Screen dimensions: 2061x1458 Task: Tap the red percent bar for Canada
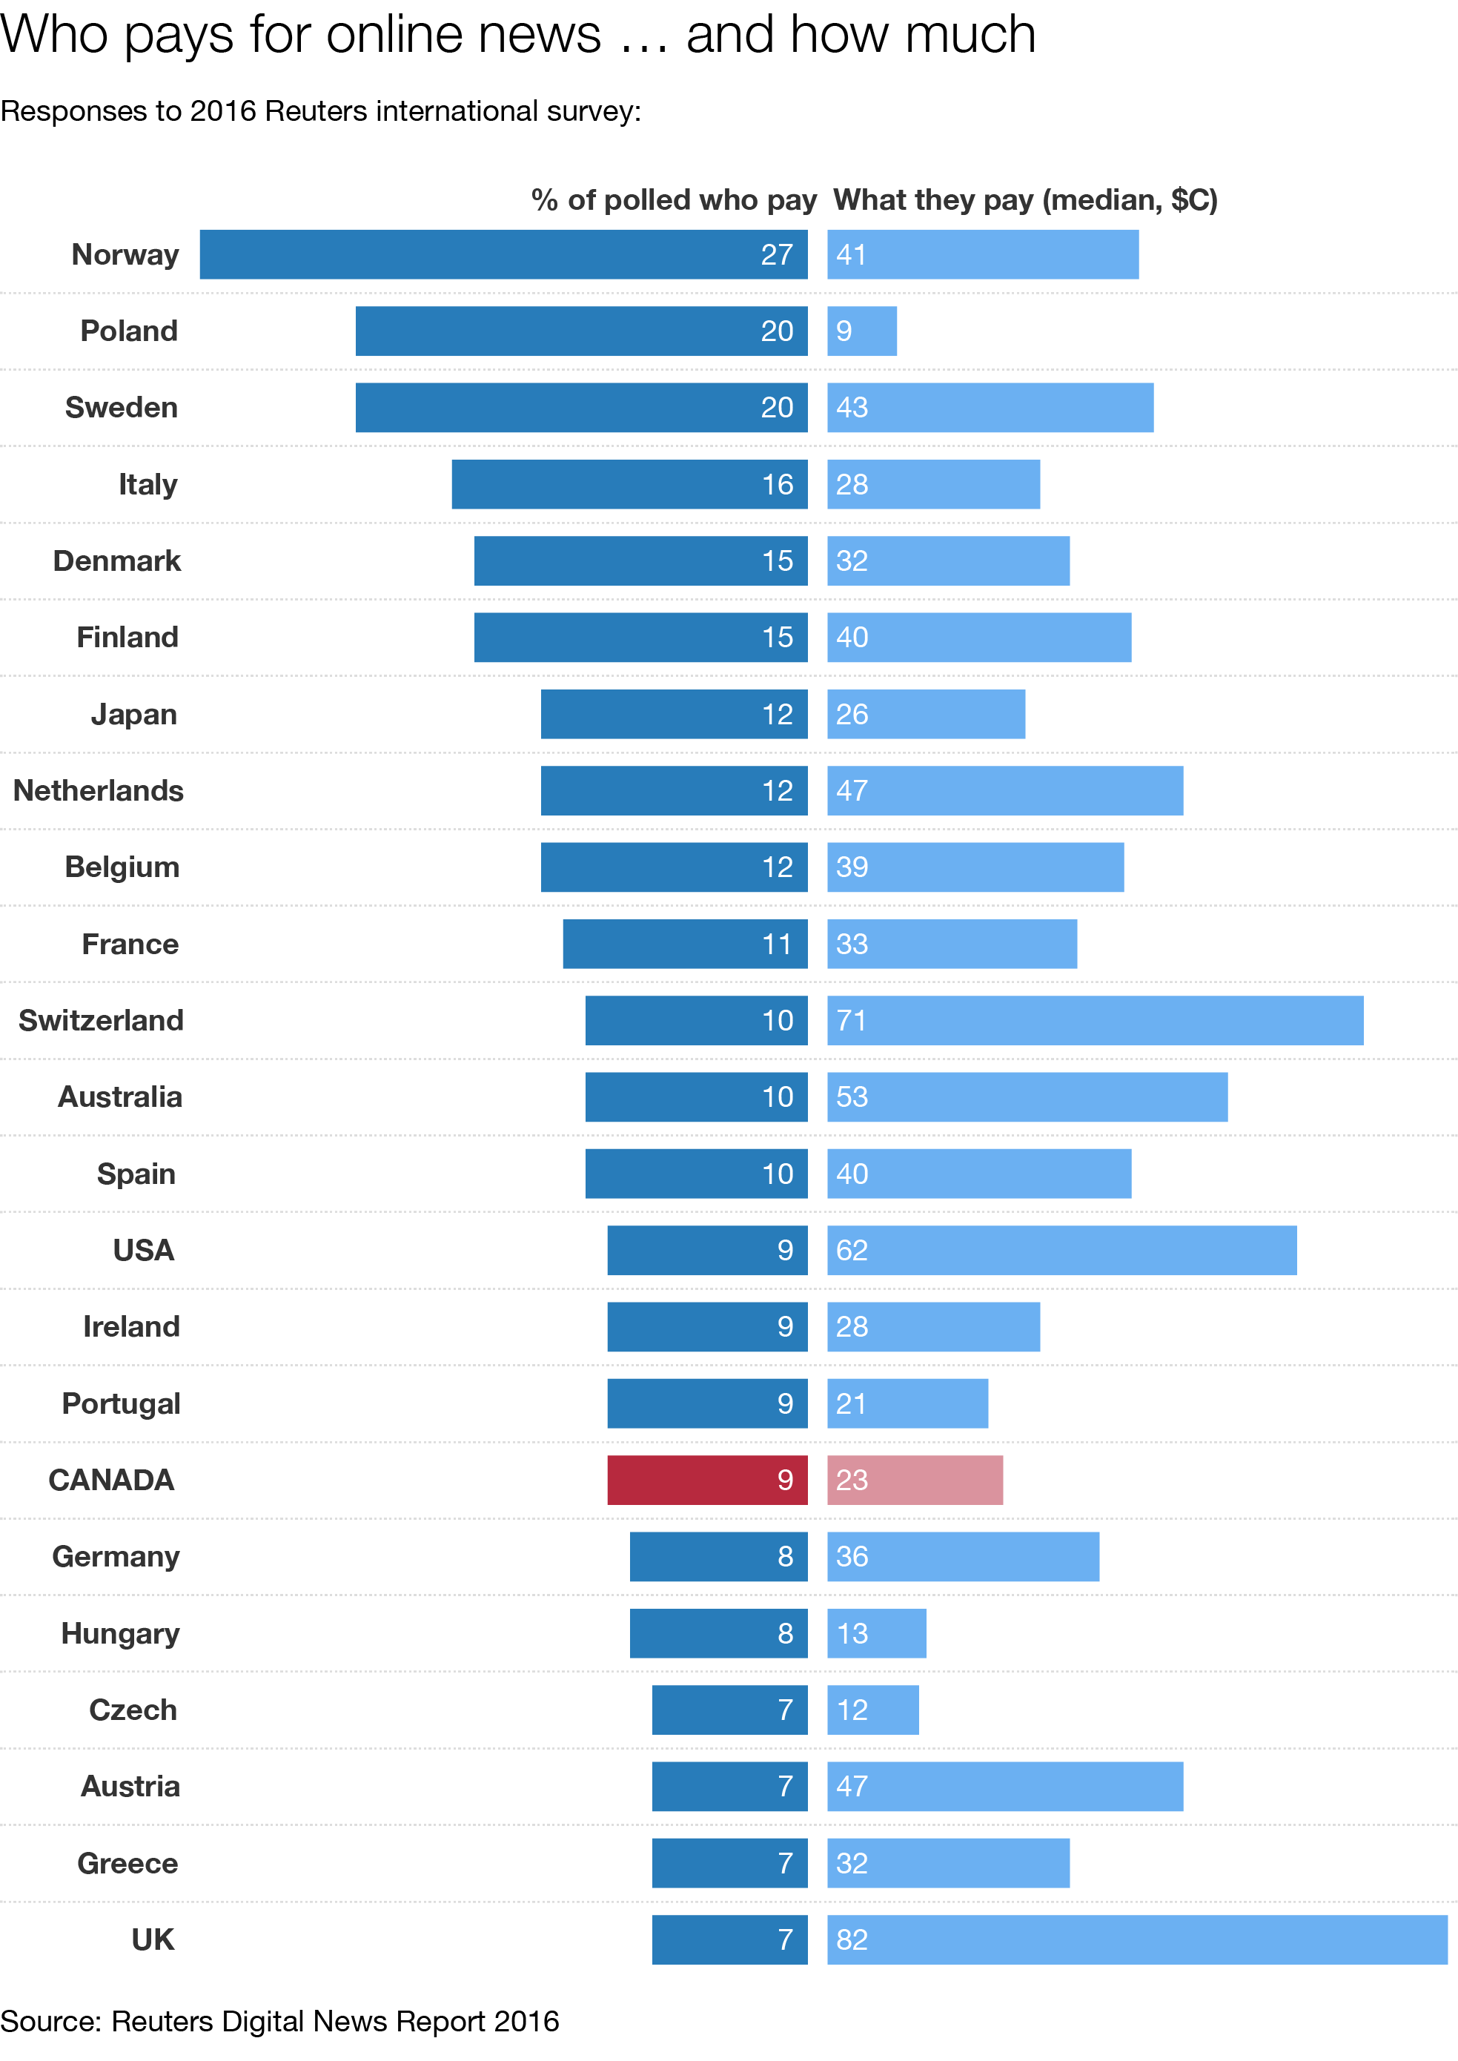[706, 1479]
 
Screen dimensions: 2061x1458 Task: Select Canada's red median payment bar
[915, 1479]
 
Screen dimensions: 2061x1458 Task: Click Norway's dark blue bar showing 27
[503, 254]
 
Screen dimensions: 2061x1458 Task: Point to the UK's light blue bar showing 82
[1136, 1939]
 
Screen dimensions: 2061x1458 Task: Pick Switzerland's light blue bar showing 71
[1096, 1020]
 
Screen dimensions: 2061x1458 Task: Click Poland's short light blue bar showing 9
[862, 331]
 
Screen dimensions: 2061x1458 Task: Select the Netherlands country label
[99, 790]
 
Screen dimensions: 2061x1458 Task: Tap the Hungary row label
[120, 1632]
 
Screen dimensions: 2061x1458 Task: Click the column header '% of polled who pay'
[673, 199]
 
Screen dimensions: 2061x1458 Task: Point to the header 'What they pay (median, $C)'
[1025, 199]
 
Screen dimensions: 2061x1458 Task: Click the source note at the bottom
[279, 2020]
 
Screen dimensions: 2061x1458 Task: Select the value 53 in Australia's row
[852, 1096]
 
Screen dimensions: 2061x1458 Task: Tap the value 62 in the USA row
[852, 1250]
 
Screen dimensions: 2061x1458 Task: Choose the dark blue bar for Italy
[629, 484]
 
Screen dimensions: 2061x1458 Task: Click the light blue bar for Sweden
[990, 407]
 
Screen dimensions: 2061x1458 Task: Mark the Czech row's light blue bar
[872, 1709]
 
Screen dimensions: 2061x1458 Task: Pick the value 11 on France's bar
[777, 944]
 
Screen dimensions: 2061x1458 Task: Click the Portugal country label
[122, 1403]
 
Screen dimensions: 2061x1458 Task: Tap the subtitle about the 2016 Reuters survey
[320, 111]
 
